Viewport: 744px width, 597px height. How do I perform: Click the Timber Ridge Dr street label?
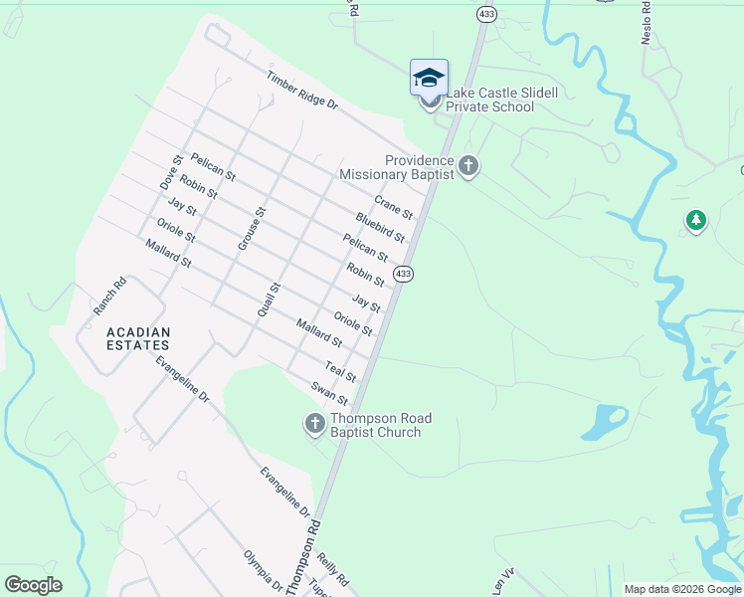pyautogui.click(x=302, y=90)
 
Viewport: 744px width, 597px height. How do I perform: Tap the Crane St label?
pyautogui.click(x=393, y=207)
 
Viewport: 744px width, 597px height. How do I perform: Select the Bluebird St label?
pyautogui.click(x=380, y=228)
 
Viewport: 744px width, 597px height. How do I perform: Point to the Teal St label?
pyautogui.click(x=340, y=372)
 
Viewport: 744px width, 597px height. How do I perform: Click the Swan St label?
pyautogui.click(x=328, y=393)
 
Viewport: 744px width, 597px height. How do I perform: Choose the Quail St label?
pyautogui.click(x=269, y=299)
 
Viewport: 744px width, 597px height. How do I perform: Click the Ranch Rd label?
pyautogui.click(x=110, y=297)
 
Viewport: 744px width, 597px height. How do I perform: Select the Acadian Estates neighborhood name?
pyautogui.click(x=139, y=338)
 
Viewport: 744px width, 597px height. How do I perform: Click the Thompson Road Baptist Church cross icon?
pyautogui.click(x=314, y=425)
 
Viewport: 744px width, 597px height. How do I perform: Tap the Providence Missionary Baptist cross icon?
pyautogui.click(x=468, y=166)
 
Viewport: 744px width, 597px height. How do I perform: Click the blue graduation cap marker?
pyautogui.click(x=429, y=79)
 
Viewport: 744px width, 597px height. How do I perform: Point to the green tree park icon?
pyautogui.click(x=696, y=221)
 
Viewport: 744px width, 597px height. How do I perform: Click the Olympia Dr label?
pyautogui.click(x=263, y=570)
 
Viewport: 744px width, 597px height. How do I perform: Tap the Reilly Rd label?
pyautogui.click(x=335, y=570)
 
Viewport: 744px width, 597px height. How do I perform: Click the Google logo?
pyautogui.click(x=34, y=585)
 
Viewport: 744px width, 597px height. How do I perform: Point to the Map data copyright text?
pyautogui.click(x=682, y=589)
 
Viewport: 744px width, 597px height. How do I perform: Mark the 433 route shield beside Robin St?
pyautogui.click(x=403, y=274)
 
